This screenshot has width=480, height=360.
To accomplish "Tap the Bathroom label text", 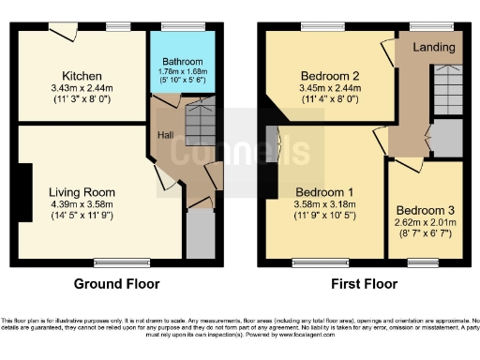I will (x=181, y=62).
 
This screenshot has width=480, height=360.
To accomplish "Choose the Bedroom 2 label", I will (x=329, y=76).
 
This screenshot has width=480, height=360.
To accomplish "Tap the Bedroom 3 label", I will (x=423, y=210).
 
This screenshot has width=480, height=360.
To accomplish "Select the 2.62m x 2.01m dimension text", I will (x=423, y=224).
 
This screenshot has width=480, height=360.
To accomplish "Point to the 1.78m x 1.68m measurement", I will (x=182, y=72).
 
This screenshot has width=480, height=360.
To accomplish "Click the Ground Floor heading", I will (x=116, y=283).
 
